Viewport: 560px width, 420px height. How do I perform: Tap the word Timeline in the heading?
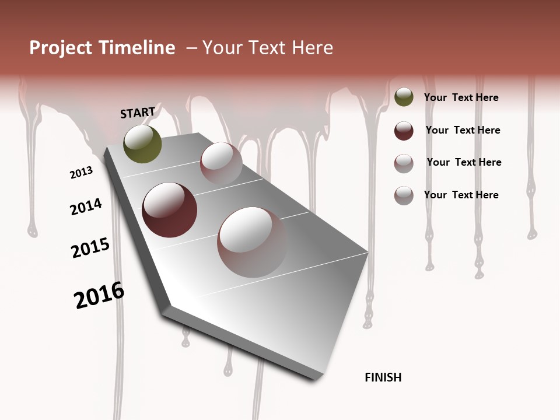[x=138, y=48]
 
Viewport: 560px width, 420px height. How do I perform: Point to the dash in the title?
[x=191, y=48]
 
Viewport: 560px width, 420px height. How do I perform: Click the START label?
[x=138, y=113]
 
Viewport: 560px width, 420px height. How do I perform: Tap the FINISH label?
[x=383, y=377]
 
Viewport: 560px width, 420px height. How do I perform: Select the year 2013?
[x=81, y=173]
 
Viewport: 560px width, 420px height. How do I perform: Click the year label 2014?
[x=86, y=207]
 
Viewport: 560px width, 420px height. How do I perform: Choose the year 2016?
[x=99, y=295]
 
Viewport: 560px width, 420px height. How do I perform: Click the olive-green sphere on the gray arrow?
[x=142, y=144]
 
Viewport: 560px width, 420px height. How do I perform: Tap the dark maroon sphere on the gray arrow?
[x=169, y=210]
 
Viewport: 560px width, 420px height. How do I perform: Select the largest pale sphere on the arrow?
[x=252, y=242]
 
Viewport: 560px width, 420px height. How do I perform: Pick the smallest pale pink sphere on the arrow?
[x=221, y=163]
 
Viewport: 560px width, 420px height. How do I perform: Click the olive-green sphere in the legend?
[x=404, y=97]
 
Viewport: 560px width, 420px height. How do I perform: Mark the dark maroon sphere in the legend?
[x=404, y=131]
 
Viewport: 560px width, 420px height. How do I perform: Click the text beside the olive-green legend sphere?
[x=461, y=97]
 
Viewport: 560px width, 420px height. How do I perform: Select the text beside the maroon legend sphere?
[x=463, y=130]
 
